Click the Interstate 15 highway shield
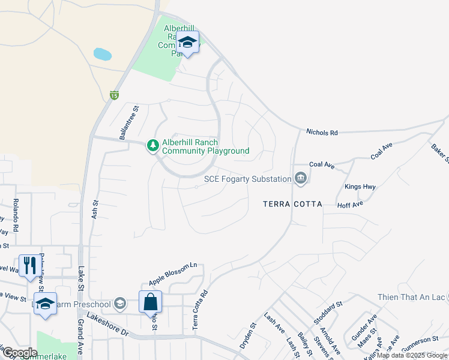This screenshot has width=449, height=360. (x=114, y=95)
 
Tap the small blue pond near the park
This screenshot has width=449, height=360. (x=103, y=55)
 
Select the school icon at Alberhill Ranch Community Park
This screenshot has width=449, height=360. (x=188, y=43)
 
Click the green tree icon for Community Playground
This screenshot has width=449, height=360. (x=153, y=146)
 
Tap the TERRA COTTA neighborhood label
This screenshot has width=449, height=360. (x=292, y=204)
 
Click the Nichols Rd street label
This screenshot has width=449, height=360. (x=322, y=131)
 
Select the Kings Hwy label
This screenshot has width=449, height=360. (x=360, y=187)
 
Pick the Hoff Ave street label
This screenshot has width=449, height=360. (x=351, y=205)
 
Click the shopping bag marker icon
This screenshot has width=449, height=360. (x=150, y=302)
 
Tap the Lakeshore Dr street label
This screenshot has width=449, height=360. (x=108, y=324)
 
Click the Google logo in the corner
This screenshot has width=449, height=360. (x=20, y=353)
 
